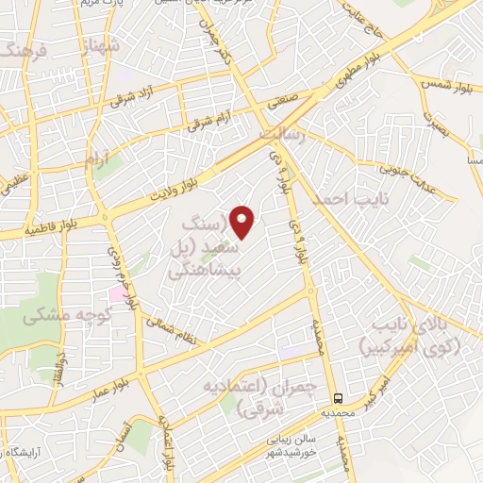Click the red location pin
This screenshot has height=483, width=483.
coord(243,223)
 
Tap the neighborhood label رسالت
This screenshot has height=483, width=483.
coord(283,137)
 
